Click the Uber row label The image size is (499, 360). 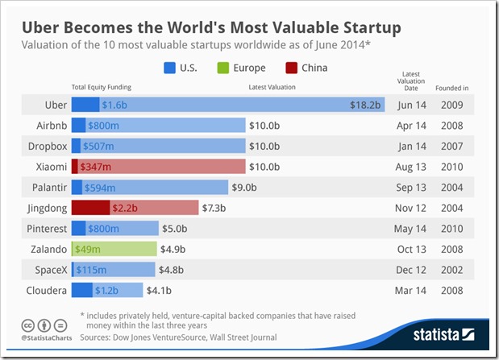click(54, 105)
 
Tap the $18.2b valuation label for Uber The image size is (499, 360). click(365, 105)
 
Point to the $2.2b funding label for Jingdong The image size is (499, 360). click(126, 207)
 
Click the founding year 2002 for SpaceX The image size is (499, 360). click(451, 270)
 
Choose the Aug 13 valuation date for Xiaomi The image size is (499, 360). click(410, 166)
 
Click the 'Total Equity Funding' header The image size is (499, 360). click(101, 86)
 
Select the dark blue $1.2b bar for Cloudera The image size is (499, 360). click(81, 290)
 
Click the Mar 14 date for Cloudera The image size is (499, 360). click(410, 290)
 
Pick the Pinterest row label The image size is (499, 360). click(45, 228)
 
